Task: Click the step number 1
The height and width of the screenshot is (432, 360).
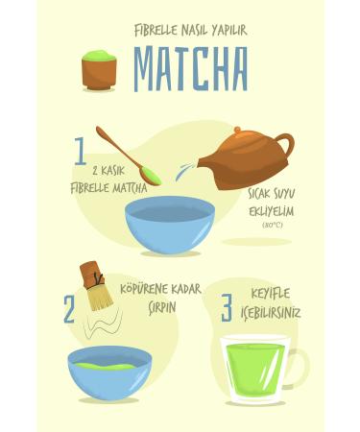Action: (x=81, y=151)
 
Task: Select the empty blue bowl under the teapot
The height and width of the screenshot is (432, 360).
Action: (x=169, y=224)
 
